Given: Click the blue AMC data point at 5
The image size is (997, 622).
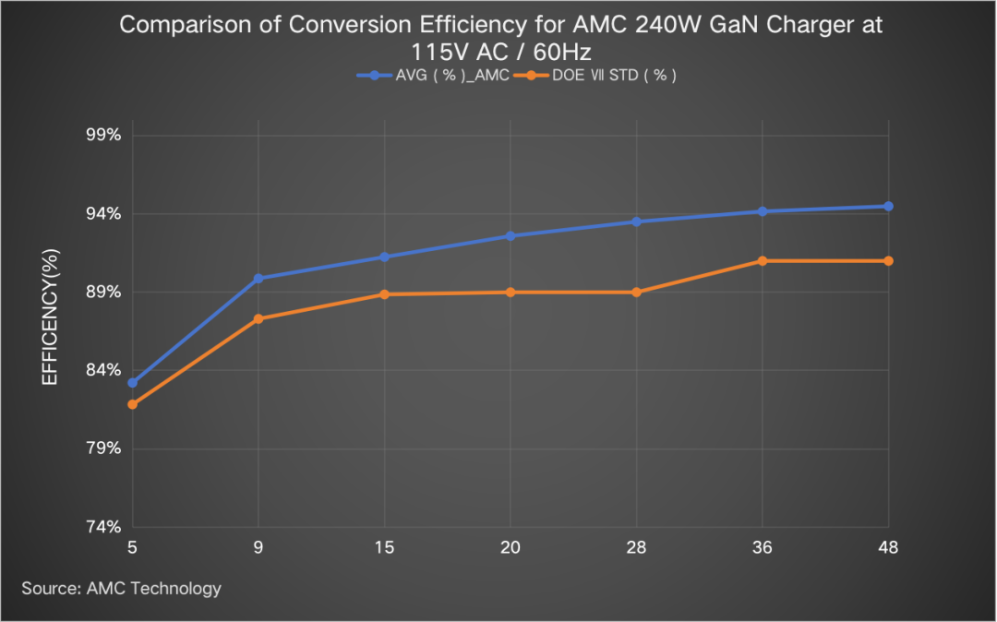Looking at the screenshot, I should pos(133,382).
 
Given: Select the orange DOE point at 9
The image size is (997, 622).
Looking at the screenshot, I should pos(258,318).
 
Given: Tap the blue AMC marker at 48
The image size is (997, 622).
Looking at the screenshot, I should pos(888,207).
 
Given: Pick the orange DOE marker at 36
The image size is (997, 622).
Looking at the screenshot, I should pos(763,261).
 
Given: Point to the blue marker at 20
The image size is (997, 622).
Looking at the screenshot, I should pos(511,236).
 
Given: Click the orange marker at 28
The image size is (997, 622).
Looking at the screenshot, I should pos(636,293).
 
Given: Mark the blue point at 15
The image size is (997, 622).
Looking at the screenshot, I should pos(385,257).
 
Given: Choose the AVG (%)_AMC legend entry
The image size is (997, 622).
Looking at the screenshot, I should pos(433,76).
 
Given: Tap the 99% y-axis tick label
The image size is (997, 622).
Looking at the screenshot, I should pos(103,136).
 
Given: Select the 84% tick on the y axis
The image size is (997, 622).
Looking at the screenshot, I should pos(103,370).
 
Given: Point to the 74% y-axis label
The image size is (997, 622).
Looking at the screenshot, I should pos(103,527).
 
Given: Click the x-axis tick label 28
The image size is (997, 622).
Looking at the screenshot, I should pos(636,547).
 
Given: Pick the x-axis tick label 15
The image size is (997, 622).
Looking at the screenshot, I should pos(385,547).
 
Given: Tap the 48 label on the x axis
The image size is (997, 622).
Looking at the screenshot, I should pos(888,547).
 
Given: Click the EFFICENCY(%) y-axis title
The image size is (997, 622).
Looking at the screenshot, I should pos(52,317).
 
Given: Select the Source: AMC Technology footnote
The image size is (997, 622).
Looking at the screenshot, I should pos(122,588).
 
